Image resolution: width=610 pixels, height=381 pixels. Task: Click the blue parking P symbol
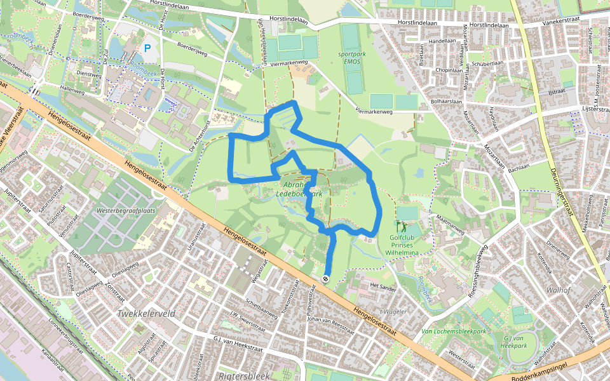147,48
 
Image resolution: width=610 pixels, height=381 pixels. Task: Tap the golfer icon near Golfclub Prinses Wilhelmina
401,225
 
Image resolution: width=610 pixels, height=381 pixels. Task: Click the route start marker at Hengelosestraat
325,279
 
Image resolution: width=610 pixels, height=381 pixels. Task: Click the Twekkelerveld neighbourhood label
146,314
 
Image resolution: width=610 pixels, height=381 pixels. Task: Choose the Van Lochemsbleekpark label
454,331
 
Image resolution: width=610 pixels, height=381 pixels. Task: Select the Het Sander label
383,286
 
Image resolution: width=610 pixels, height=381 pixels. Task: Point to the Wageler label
395,312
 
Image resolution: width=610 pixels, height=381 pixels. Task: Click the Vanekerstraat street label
563,22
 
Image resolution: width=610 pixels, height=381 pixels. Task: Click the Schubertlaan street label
489,63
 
